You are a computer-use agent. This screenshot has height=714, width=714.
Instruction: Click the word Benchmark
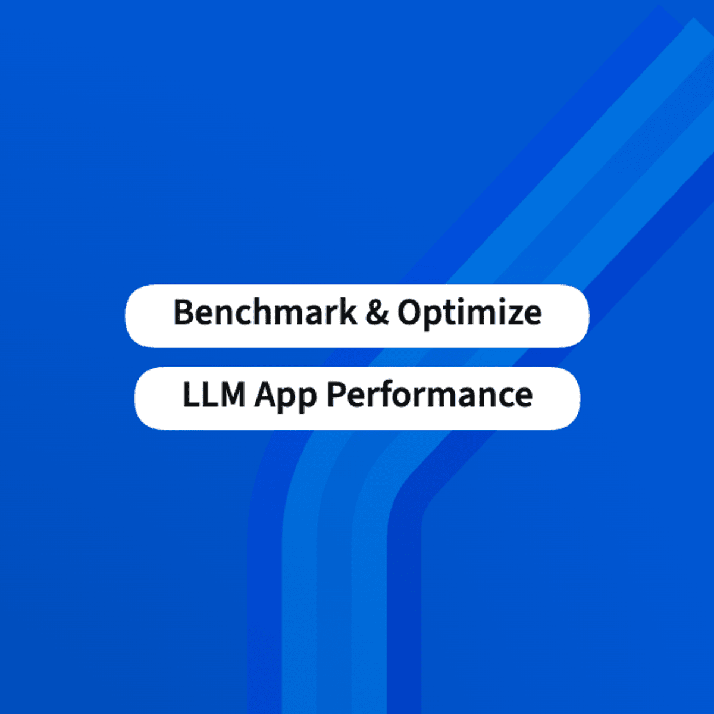click(265, 312)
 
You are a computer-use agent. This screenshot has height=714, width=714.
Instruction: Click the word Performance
click(429, 394)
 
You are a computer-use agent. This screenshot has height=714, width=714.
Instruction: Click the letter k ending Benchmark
click(348, 312)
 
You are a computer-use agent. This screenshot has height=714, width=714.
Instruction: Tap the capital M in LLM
click(230, 394)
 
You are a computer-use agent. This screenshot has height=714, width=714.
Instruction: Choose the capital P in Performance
click(336, 394)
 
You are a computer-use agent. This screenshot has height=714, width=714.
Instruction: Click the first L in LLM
click(190, 394)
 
